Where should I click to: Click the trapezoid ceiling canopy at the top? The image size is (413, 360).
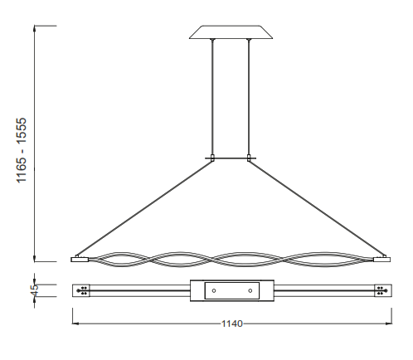tap(231, 32)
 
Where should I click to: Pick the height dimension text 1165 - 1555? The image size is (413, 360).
tap(24, 150)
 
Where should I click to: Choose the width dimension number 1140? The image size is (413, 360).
tap(231, 324)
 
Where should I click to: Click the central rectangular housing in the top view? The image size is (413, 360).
tap(231, 290)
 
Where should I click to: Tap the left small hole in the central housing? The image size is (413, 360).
tap(214, 290)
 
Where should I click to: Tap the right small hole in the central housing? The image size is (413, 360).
tap(249, 290)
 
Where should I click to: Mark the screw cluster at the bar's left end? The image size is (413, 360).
tap(84, 290)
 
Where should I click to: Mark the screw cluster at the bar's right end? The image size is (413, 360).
tap(380, 290)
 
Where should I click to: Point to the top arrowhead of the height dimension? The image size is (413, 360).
tap(35, 27)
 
